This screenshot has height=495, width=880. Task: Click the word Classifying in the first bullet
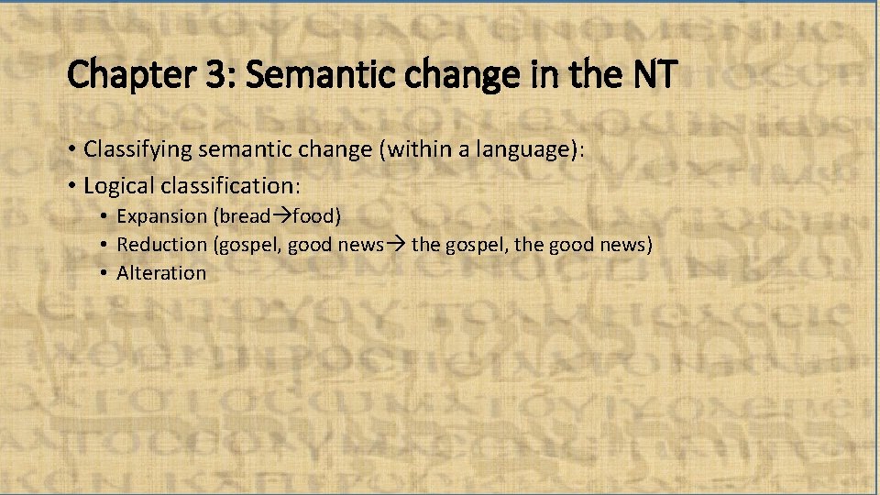(134, 148)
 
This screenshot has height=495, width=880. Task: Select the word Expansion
(162, 216)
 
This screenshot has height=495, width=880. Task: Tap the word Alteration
(161, 272)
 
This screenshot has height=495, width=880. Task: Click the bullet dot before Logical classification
(72, 186)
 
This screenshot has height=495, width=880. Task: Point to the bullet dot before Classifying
(72, 149)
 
